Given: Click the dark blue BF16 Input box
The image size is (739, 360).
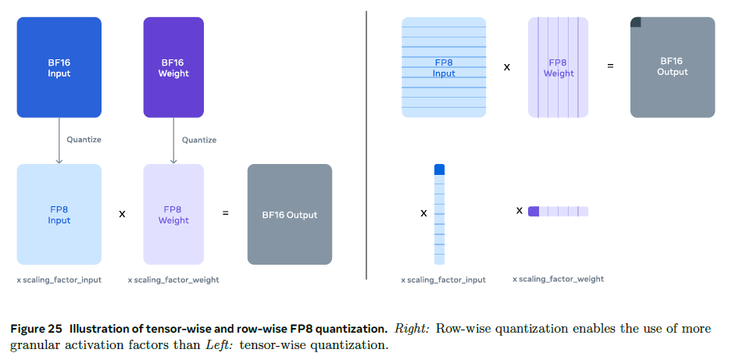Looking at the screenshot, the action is pos(59,68).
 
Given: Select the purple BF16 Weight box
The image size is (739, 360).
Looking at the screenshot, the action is pos(173,68).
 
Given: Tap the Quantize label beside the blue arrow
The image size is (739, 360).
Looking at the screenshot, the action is pos(84,140).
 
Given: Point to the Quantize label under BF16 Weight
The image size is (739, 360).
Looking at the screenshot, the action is pos(198,140).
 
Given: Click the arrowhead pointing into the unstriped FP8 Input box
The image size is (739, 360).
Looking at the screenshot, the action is pos(59,161).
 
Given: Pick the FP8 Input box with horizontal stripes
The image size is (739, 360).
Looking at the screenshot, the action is pos(444,68).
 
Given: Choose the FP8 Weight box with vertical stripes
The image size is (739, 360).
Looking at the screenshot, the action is pos(558,68).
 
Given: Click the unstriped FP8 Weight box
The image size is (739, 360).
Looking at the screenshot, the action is pos(173,214).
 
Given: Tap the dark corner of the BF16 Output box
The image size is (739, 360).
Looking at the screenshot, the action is pos(635,22).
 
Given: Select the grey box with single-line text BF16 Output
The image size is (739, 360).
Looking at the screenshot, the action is pos(290,214).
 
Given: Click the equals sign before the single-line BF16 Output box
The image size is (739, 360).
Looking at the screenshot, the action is pos(226,213).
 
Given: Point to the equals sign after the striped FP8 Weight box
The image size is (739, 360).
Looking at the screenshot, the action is pos(610,67).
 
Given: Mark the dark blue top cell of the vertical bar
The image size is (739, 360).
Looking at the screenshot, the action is pos(439,169).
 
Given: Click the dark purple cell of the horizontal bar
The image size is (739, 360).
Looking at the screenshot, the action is pos(534,211).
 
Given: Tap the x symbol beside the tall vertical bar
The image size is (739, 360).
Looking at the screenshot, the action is pos(423,212).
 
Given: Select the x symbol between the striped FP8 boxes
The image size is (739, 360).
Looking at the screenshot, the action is pos(507,67).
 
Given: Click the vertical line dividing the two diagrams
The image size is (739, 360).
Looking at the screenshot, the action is pos(367,144).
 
